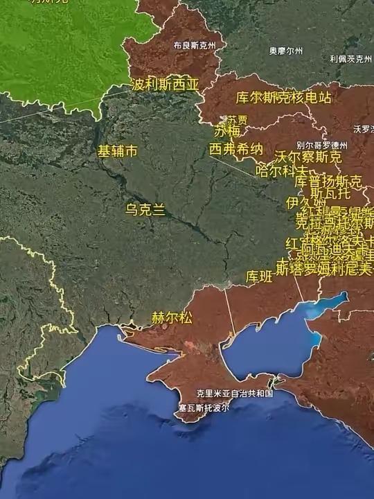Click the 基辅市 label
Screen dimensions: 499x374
coord(117,150)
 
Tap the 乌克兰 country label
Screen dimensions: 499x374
coord(145,209)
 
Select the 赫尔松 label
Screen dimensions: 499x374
coord(172,318)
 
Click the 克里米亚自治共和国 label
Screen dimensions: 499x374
coord(235,393)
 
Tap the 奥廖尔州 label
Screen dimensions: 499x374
coord(286,51)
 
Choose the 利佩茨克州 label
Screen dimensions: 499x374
coord(351,59)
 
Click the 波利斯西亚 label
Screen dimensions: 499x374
coord(165,85)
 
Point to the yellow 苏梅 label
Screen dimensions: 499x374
coord(226,131)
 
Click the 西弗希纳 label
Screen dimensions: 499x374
coord(236,149)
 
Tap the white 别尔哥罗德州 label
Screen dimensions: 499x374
coord(321,145)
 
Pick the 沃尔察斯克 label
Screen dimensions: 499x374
coord(308,157)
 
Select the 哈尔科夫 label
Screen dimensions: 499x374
coord(281,170)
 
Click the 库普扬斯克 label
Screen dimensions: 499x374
coord(328,182)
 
